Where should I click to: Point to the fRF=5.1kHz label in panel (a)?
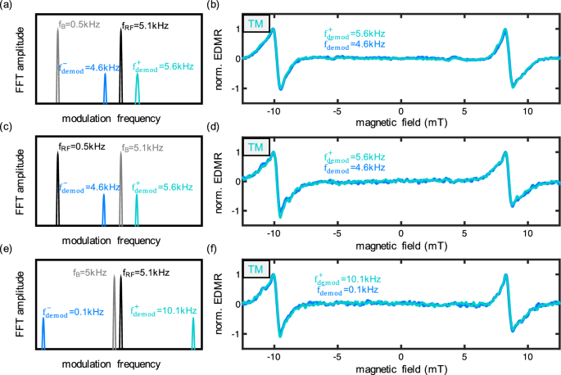[x=145, y=25]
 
